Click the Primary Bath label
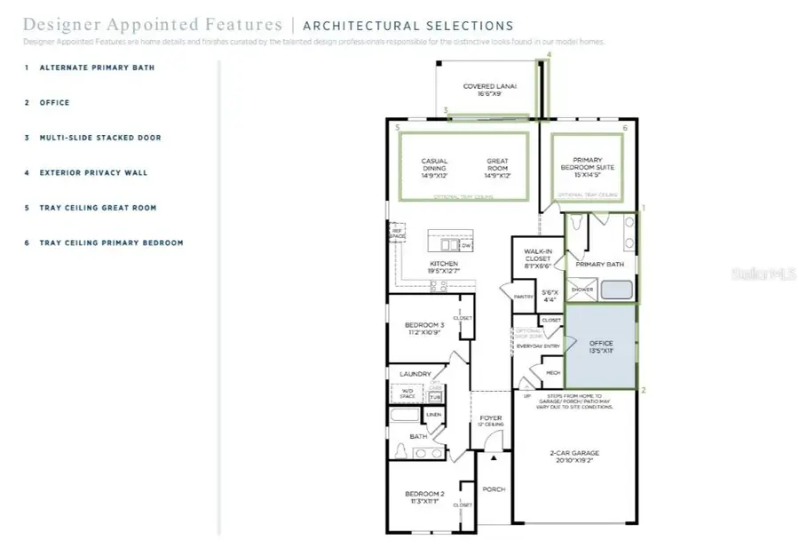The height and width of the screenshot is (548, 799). tap(600, 265)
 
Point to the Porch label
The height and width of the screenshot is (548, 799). tap(493, 488)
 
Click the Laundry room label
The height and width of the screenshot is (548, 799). tap(415, 374)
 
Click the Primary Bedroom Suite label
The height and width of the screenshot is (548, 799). tap(587, 164)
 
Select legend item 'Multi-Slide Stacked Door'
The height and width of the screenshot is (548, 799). tap(99, 138)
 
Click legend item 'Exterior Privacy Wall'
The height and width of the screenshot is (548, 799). tap(93, 172)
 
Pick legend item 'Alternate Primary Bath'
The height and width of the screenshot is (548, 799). tap(97, 68)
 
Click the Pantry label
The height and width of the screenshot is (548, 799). tap(523, 298)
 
